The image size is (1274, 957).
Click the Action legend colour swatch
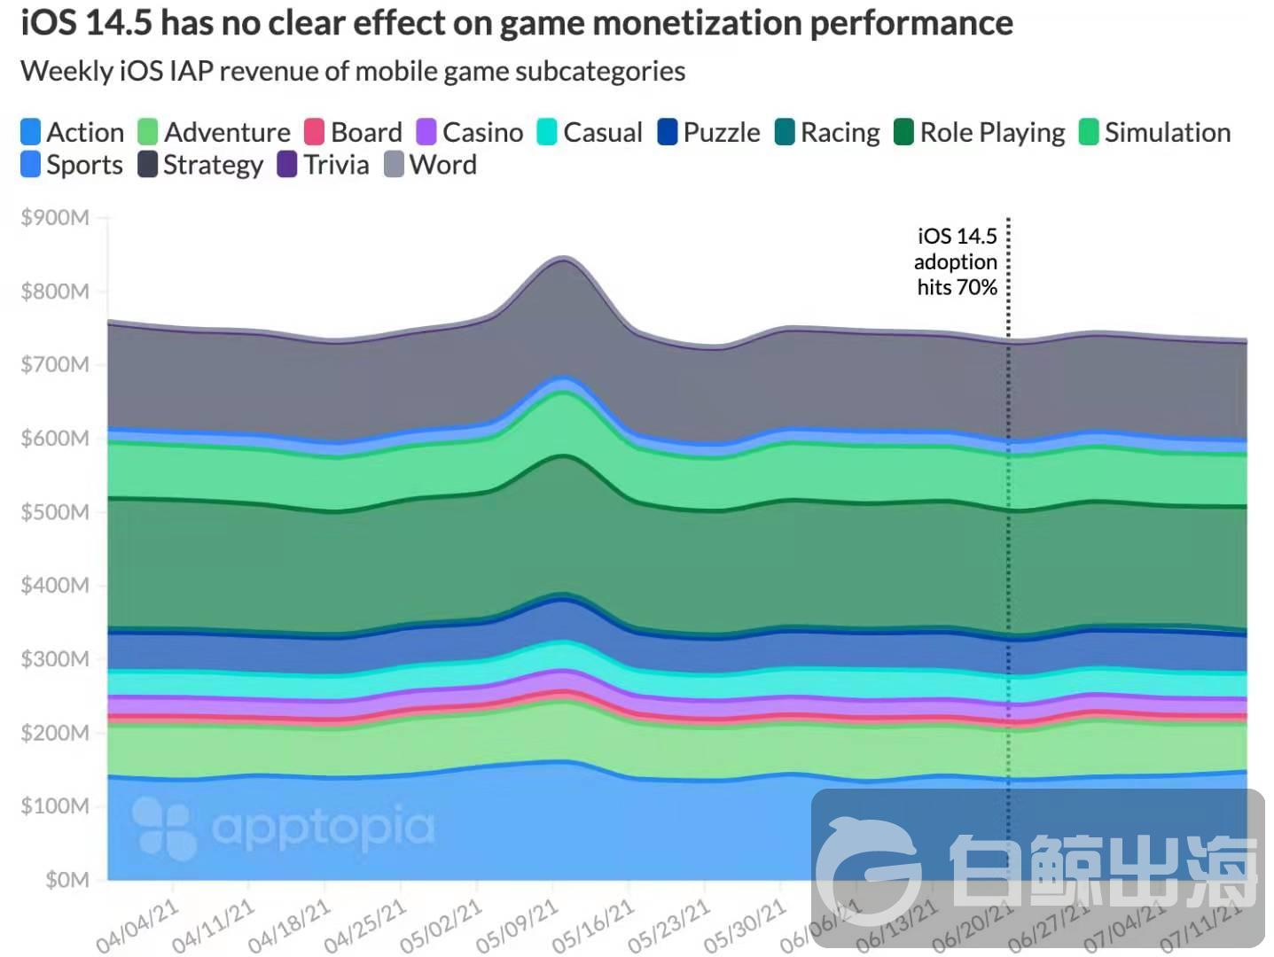[30, 132]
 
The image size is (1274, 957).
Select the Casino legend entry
[470, 132]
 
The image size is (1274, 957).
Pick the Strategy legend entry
[201, 165]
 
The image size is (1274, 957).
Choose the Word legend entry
[431, 165]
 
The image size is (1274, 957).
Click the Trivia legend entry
[324, 165]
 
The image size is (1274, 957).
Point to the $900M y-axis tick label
[55, 218]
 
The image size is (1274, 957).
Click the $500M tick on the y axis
[55, 512]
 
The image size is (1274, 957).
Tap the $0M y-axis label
[67, 880]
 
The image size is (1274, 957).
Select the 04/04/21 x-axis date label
[137, 925]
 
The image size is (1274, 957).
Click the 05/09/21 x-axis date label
[517, 925]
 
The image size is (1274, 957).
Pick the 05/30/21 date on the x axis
[745, 925]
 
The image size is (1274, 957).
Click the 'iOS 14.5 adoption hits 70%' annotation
[957, 261]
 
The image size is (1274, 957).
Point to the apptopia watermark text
[324, 827]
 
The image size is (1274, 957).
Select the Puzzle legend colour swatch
[668, 132]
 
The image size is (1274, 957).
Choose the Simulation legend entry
[1154, 132]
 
